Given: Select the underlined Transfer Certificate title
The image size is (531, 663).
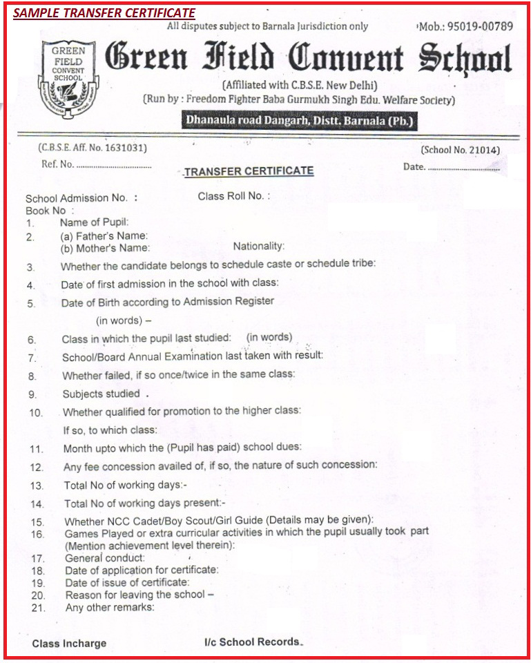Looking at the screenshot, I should click(249, 171).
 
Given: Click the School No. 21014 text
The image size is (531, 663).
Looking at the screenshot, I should click(460, 150).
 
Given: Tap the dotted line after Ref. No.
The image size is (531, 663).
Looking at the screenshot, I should click(114, 166).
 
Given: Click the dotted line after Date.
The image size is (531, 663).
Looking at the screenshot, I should click(463, 167).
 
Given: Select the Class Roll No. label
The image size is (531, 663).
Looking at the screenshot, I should click(233, 196).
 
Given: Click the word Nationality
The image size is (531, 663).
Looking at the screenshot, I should click(258, 246).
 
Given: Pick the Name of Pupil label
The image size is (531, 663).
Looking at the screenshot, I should click(94, 223).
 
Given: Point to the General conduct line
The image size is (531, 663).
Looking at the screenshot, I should click(105, 557).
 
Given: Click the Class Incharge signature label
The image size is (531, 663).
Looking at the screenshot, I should click(69, 643).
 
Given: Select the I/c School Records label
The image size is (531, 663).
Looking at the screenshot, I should click(253, 642).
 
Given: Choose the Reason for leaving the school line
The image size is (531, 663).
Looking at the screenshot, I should click(139, 595).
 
